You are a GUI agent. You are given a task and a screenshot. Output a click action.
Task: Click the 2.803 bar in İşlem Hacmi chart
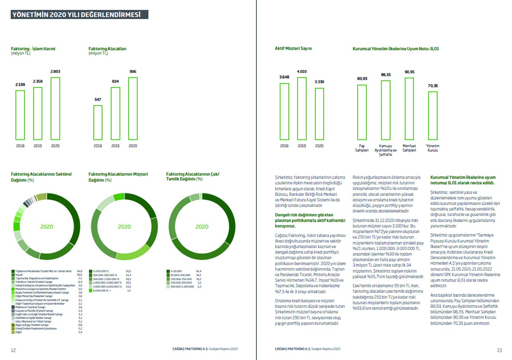click(55, 109)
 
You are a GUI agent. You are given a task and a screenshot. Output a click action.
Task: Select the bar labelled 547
click(98, 122)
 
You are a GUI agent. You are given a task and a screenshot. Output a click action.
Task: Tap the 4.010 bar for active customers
click(302, 109)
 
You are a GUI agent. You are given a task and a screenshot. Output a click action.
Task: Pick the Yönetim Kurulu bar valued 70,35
click(433, 115)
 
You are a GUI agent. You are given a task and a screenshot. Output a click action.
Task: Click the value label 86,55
click(386, 75)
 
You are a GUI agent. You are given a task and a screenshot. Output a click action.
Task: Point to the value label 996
click(133, 72)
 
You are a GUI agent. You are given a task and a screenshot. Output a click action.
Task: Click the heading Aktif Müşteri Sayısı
click(293, 48)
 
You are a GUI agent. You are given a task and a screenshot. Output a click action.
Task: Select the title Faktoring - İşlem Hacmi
click(33, 49)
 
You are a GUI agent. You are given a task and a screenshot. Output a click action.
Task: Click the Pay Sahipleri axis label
click(362, 148)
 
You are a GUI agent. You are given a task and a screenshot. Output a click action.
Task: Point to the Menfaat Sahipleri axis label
click(409, 148)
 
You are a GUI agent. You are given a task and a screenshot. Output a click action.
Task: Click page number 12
click(13, 350)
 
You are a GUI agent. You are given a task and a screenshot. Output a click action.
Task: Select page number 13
click(499, 350)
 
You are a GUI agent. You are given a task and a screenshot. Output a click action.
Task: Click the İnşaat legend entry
click(19, 275)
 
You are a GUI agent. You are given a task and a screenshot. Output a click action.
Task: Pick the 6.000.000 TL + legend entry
click(102, 291)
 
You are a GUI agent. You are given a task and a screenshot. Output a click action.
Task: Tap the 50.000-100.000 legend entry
click(180, 275)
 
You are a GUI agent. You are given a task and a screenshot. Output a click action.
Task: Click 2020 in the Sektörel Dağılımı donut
click(47, 227)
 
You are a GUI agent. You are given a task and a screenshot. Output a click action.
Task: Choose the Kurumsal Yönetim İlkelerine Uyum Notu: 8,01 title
click(395, 49)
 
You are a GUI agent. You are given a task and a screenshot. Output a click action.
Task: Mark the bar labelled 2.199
click(20, 115)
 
